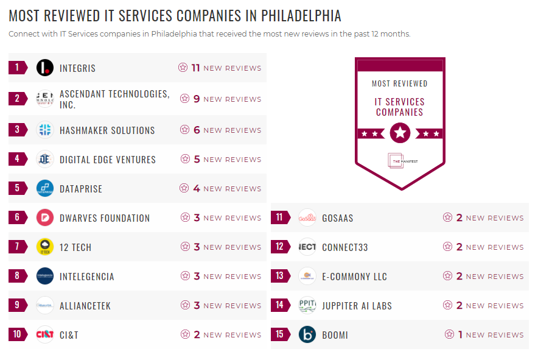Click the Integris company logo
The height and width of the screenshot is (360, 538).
click(45, 68)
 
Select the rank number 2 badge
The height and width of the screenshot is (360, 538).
click(18, 99)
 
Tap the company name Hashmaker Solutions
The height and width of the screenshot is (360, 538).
click(107, 130)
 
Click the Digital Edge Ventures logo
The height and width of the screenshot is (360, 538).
click(45, 160)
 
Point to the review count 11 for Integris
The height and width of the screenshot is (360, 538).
click(195, 68)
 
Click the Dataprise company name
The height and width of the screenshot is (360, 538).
click(81, 189)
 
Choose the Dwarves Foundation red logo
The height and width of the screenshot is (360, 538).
click(45, 218)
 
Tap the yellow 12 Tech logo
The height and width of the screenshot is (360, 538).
click(45, 247)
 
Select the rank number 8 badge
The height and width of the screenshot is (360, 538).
click(18, 277)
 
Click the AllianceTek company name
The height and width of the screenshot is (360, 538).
click(85, 306)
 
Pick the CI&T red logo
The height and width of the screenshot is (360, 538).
click(45, 335)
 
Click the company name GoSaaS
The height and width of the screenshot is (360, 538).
click(338, 218)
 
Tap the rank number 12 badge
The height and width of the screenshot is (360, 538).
click(280, 247)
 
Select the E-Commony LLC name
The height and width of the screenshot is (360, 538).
click(354, 277)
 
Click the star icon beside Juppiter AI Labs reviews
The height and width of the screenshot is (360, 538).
click(447, 306)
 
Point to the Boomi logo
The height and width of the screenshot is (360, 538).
click(307, 335)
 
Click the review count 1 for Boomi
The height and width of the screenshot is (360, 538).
click(461, 335)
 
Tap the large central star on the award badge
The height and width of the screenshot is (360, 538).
click(400, 132)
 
